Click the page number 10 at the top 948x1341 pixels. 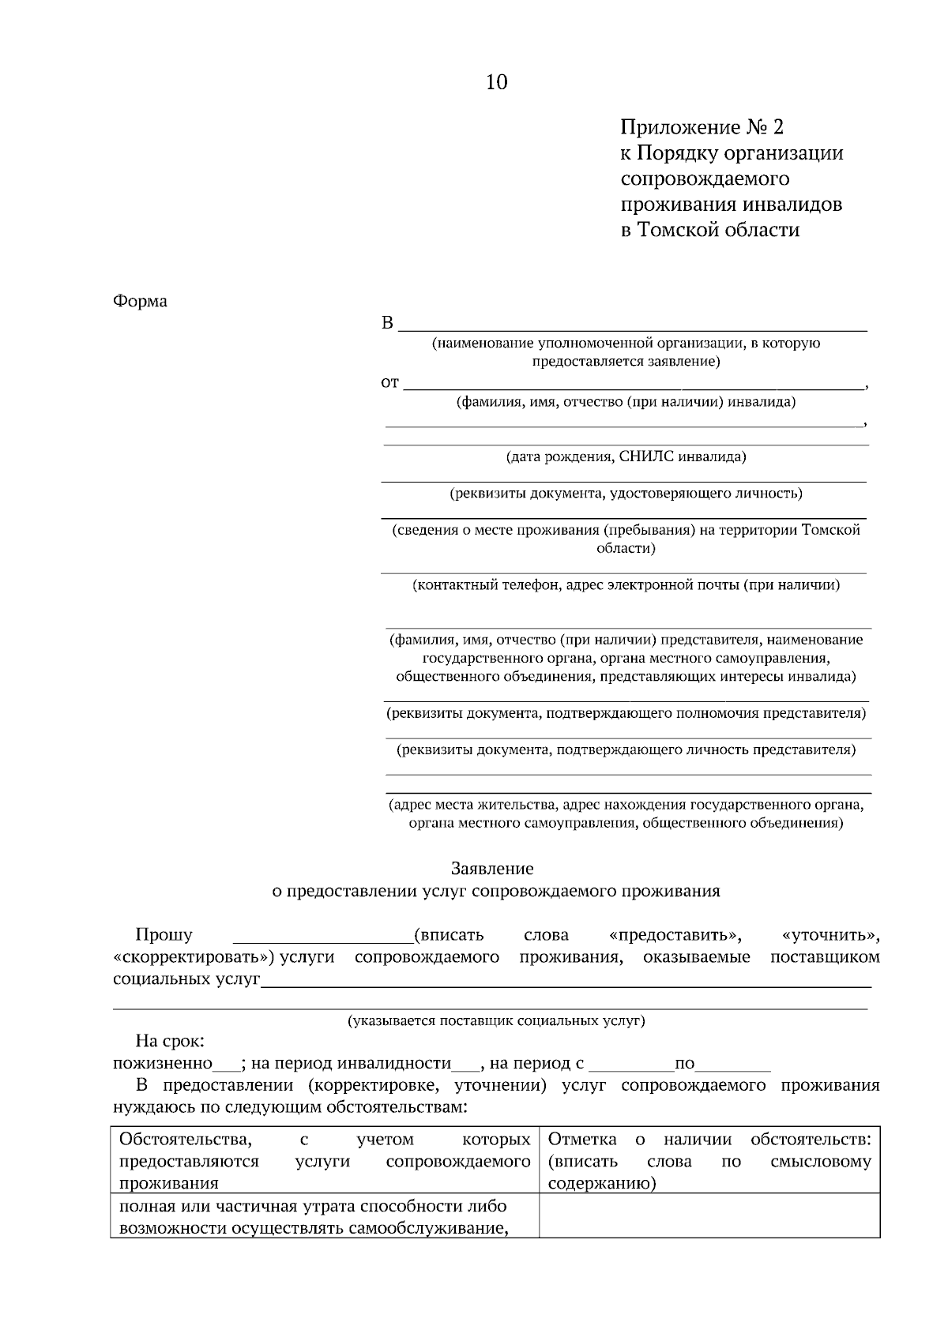tap(496, 82)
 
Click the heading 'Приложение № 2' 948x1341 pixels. tap(702, 127)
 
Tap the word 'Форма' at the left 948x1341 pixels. tap(140, 301)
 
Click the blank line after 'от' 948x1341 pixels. tap(632, 385)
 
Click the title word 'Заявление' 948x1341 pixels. tap(492, 869)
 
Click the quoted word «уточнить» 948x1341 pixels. tap(830, 936)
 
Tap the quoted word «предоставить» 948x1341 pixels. tap(675, 936)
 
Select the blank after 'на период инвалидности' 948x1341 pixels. tap(465, 1064)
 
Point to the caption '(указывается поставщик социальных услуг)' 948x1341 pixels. tap(496, 1020)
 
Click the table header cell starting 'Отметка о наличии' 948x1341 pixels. tap(709, 1161)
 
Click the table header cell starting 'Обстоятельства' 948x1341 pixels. tap(324, 1161)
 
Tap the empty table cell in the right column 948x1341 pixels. tap(709, 1215)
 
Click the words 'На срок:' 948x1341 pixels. tap(170, 1042)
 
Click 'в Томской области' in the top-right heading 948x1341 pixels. tap(709, 230)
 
